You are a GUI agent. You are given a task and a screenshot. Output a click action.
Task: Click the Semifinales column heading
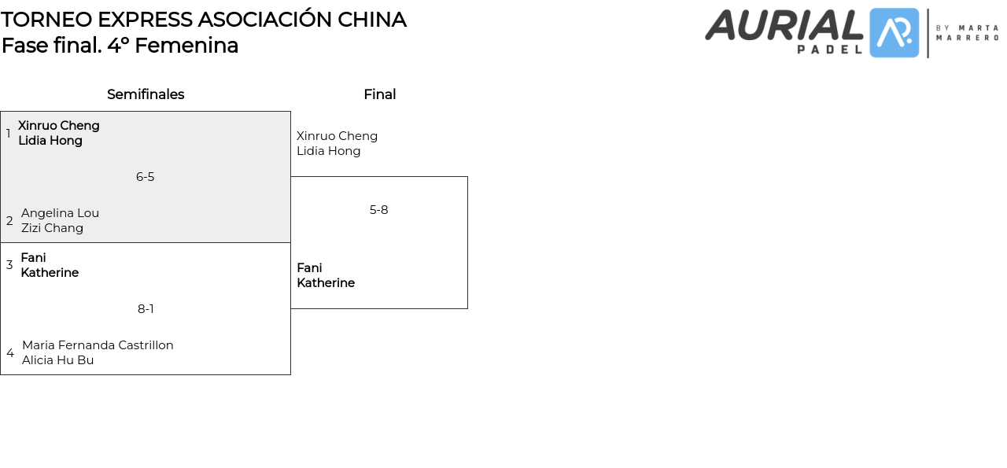point(146,94)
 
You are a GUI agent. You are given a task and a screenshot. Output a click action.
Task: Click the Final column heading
point(379,94)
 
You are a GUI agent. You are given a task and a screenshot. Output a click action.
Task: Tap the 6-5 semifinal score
point(145,177)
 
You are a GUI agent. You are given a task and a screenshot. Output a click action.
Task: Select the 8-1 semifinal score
point(146,309)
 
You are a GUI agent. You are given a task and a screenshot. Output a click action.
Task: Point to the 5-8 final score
point(378,210)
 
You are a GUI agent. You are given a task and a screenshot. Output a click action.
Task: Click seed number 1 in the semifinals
point(9,134)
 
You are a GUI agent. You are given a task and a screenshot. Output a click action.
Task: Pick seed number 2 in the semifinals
point(9,221)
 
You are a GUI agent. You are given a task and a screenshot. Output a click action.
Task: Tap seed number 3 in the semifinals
point(9,265)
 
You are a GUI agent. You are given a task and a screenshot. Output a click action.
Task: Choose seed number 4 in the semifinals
point(9,353)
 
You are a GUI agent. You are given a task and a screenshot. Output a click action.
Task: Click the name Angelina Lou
point(60,213)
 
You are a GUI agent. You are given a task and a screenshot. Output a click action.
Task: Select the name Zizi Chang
point(52,228)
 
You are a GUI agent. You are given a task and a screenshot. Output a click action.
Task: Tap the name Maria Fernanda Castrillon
point(98,345)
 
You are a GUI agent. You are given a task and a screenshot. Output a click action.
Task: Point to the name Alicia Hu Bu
point(57,360)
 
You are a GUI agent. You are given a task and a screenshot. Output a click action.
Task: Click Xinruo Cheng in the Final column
point(337,136)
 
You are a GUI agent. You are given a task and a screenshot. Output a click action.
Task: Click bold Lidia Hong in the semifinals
point(50,141)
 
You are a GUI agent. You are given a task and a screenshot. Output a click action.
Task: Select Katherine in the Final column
point(326,283)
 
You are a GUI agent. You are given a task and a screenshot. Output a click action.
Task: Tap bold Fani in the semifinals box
point(33,258)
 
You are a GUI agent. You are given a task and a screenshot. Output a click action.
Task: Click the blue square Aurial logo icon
point(894,33)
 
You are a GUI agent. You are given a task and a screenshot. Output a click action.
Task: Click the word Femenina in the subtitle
point(186,46)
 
